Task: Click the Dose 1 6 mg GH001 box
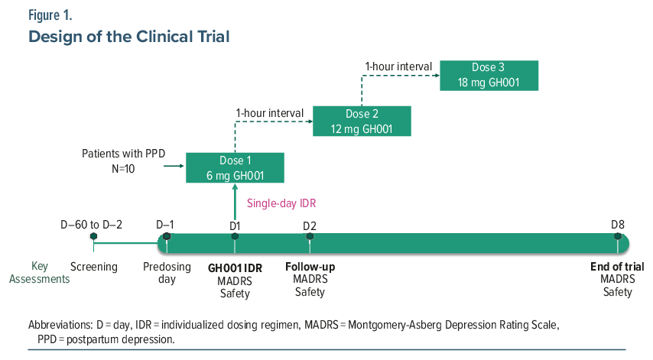pyautogui.click(x=235, y=167)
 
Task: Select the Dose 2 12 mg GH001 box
pyautogui.click(x=362, y=121)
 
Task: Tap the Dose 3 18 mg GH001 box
pyautogui.click(x=489, y=76)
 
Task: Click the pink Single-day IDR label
pyautogui.click(x=281, y=203)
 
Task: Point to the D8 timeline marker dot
pyautogui.click(x=618, y=236)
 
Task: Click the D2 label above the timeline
pyautogui.click(x=310, y=226)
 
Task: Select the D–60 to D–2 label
pyautogui.click(x=91, y=225)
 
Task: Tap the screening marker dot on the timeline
pyautogui.click(x=94, y=236)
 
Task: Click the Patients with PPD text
pyautogui.click(x=123, y=154)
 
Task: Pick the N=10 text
pyautogui.click(x=123, y=169)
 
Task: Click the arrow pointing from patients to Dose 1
pyautogui.click(x=174, y=166)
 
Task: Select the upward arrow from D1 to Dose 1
pyautogui.click(x=235, y=202)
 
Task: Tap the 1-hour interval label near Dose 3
pyautogui.click(x=398, y=66)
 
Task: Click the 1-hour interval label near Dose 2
pyautogui.click(x=269, y=113)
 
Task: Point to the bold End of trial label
pyautogui.click(x=617, y=267)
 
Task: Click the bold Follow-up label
pyautogui.click(x=310, y=267)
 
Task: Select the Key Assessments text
pyautogui.click(x=40, y=273)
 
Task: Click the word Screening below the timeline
pyautogui.click(x=94, y=267)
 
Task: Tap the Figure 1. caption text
pyautogui.click(x=50, y=15)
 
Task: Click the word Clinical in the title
pyautogui.click(x=164, y=37)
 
